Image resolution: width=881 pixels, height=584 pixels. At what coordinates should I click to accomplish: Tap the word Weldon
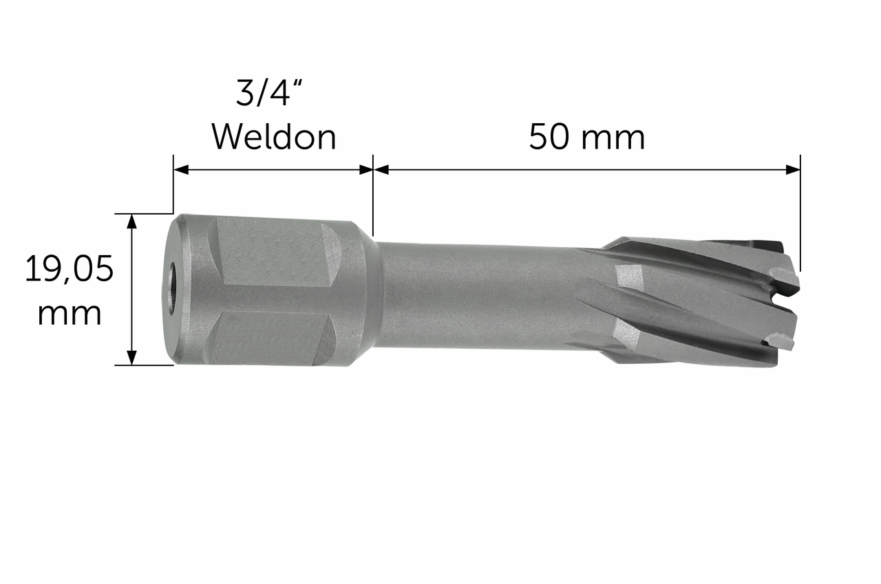click(273, 138)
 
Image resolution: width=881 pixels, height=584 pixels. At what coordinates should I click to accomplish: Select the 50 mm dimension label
click(586, 138)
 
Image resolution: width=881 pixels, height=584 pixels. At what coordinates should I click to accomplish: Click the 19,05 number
click(69, 269)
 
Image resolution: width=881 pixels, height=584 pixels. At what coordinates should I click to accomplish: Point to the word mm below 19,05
click(69, 314)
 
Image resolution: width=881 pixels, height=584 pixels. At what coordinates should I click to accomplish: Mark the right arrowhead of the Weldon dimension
click(365, 169)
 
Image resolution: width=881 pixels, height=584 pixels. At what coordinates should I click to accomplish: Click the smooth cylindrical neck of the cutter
click(475, 294)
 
